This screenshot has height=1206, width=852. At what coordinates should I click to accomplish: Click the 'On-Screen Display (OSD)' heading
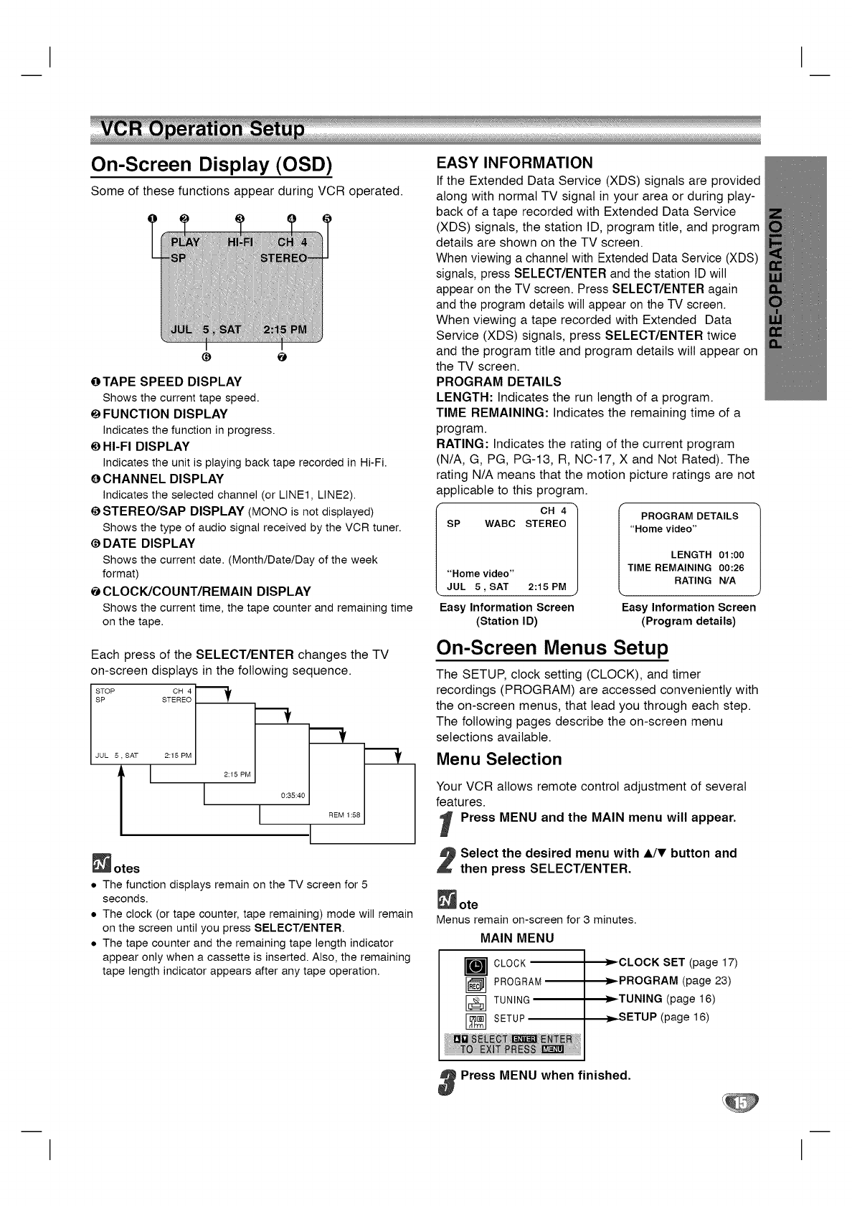(212, 165)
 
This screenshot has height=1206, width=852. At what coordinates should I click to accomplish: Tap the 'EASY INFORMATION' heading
(515, 162)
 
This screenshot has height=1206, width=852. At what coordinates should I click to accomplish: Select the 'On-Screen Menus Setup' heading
(552, 647)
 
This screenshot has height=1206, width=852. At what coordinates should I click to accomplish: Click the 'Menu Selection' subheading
(499, 759)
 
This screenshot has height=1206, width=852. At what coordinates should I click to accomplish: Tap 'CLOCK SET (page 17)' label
(678, 962)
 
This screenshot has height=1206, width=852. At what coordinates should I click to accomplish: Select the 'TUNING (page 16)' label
(667, 999)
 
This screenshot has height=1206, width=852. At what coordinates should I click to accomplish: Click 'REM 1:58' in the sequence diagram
(345, 815)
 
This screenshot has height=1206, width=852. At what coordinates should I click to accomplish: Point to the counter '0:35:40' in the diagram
(293, 795)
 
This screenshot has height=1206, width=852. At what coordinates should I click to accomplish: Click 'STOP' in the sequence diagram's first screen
(105, 691)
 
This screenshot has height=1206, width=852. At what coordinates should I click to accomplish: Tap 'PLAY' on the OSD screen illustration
(185, 242)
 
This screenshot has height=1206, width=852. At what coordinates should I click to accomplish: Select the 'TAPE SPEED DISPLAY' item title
(172, 381)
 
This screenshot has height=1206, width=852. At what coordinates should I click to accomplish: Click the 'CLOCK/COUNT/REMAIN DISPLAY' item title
(207, 592)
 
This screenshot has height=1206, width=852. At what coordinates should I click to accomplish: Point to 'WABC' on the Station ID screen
(500, 524)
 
